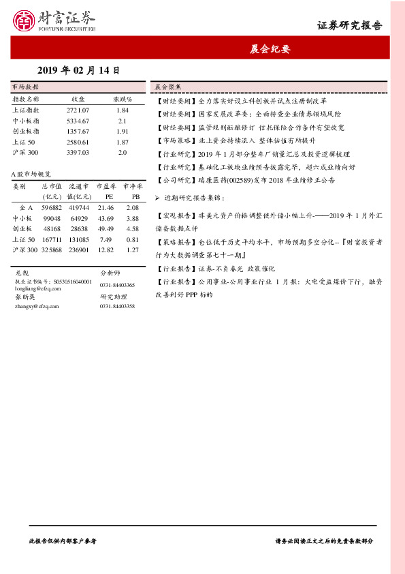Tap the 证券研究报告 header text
coord(349,26)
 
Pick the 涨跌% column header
coord(123,99)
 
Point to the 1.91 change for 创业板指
coord(123,131)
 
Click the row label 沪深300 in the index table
coord(25,152)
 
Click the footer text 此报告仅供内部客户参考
coord(63,540)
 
